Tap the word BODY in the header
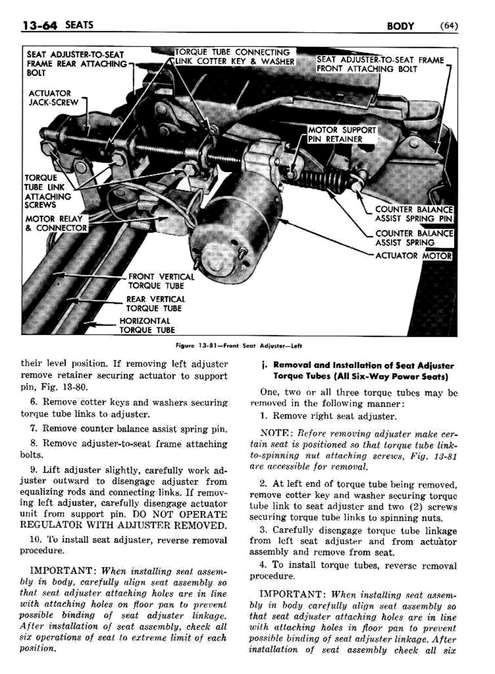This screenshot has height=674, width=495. point(400,26)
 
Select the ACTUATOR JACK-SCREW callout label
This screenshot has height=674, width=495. point(53,98)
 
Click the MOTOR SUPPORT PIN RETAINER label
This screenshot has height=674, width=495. point(342,134)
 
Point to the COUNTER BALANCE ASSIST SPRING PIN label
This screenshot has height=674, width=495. point(414,214)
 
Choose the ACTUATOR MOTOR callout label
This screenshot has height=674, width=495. point(414,255)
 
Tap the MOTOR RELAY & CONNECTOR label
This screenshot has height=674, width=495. point(56,223)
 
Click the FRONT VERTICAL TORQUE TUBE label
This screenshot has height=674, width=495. point(161,281)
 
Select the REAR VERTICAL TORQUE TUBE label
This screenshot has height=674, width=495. point(156,304)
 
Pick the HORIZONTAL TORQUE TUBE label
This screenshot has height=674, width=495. point(147,325)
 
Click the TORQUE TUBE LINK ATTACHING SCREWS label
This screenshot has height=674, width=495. point(47,191)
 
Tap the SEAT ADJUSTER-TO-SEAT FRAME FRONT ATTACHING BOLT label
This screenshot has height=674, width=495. point(380,64)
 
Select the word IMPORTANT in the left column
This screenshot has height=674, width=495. point(63,571)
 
